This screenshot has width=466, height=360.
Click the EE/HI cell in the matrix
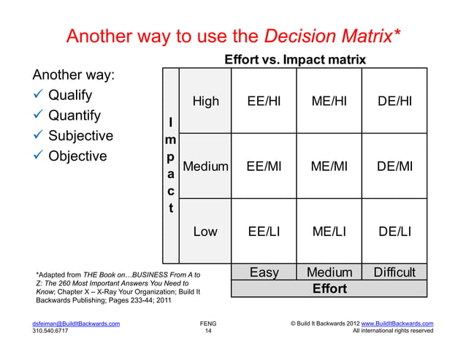tap(264, 102)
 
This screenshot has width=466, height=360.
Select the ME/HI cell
tap(329, 102)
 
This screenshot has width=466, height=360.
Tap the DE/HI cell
tap(394, 102)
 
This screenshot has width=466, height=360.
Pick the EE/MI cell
tap(264, 166)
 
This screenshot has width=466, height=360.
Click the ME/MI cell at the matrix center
tap(329, 166)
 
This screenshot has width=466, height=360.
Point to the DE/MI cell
tap(394, 166)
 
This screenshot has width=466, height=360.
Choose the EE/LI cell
tap(264, 231)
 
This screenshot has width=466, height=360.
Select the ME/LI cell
tap(329, 231)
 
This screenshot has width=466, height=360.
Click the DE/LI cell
tap(394, 231)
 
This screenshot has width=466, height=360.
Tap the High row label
tap(205, 102)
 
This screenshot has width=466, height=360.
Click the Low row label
tap(205, 231)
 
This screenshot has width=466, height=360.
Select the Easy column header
tap(264, 272)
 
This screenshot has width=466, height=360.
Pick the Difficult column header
tap(394, 272)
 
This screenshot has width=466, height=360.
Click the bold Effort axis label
tap(329, 288)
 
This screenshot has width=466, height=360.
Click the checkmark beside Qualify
tap(38, 96)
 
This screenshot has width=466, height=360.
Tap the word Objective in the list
tap(77, 156)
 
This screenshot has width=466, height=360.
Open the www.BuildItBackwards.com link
tap(397, 322)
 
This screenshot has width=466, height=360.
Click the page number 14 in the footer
tap(208, 331)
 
